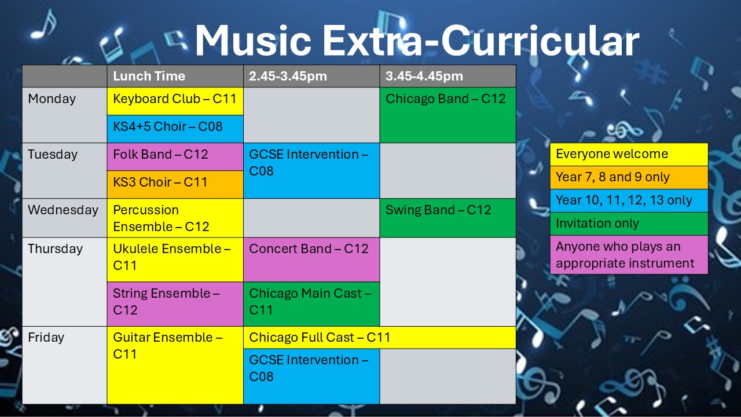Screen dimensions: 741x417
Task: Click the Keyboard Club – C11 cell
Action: click(x=175, y=101)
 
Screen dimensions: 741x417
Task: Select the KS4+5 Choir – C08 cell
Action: click(x=175, y=129)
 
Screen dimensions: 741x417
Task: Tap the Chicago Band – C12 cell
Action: click(x=447, y=115)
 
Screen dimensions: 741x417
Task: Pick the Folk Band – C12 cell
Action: click(x=175, y=156)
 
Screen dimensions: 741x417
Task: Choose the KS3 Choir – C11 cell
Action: click(x=175, y=184)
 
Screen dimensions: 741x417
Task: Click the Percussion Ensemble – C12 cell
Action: click(x=175, y=218)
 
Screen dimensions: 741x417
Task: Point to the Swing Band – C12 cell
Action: click(x=447, y=218)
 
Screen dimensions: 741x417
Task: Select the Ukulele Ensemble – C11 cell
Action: click(x=175, y=259)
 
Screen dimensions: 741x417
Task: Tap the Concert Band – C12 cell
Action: click(x=311, y=259)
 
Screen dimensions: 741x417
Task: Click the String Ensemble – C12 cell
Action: click(x=175, y=304)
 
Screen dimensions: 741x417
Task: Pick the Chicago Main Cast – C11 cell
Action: click(x=311, y=304)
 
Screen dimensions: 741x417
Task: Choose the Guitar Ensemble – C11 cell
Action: click(x=175, y=365)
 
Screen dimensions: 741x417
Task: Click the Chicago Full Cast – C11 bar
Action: click(x=379, y=338)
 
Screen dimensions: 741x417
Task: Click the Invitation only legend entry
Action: click(x=629, y=224)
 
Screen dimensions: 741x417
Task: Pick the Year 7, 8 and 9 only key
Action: click(x=629, y=177)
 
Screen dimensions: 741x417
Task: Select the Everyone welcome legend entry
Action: click(x=629, y=154)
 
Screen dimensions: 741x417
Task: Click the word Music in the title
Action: click(x=254, y=41)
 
